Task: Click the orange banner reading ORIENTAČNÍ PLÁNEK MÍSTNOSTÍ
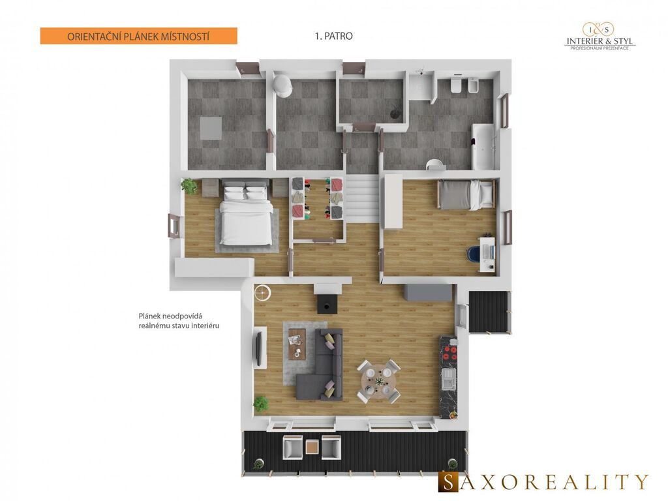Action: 138,37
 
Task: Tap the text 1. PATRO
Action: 333,37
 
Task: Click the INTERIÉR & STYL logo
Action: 600,37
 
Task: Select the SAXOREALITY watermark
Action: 543,481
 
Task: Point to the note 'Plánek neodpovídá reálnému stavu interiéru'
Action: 179,321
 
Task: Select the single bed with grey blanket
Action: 466,194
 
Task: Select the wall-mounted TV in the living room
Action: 258,348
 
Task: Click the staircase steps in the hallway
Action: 361,198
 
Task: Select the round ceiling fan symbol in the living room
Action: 262,292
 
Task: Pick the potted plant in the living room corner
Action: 260,404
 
